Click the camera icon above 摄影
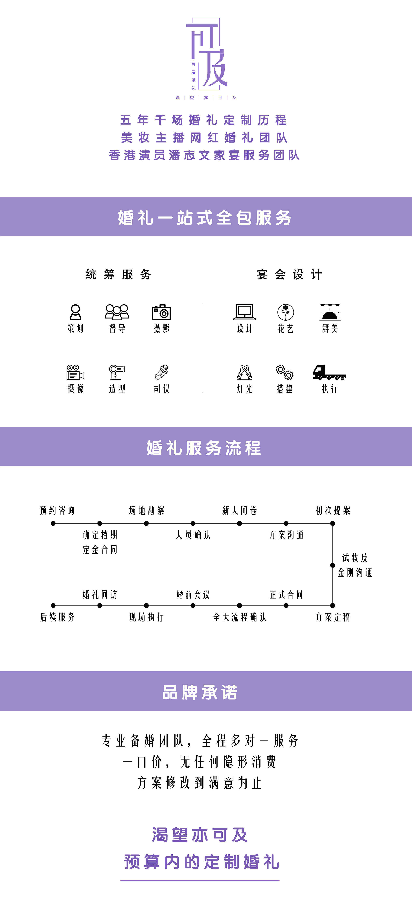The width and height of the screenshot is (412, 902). coord(161,312)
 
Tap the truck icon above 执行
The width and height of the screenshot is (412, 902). coord(329,372)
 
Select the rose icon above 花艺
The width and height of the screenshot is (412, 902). coord(286,312)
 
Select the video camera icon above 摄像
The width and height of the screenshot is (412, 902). coord(75,372)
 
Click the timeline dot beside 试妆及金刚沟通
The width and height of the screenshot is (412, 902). coord(333,565)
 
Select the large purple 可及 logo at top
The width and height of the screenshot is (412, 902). coord(207,52)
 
